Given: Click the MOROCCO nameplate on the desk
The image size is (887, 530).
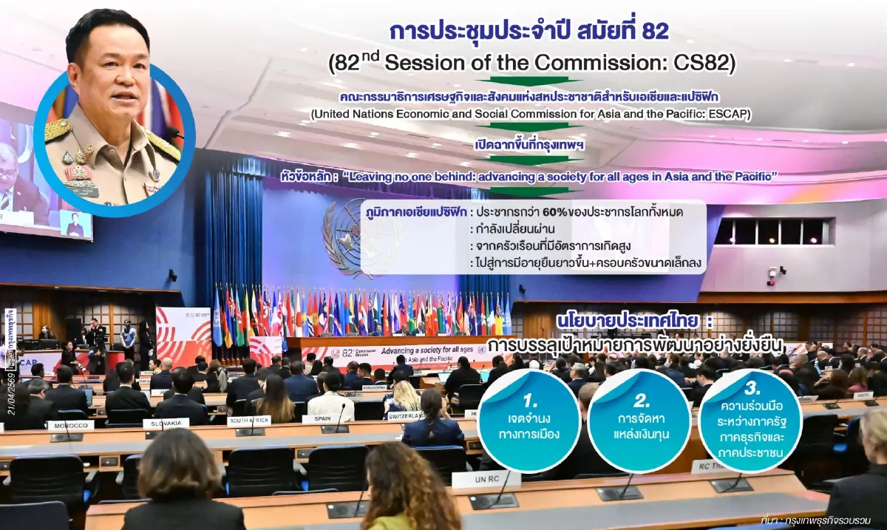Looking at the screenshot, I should (x=70, y=425).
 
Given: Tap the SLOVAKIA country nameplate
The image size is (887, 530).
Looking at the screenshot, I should (x=166, y=424).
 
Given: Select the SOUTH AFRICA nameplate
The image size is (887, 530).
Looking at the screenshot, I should (x=248, y=421).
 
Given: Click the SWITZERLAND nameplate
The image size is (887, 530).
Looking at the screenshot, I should (x=405, y=415).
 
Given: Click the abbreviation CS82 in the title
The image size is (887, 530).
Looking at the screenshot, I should (x=704, y=64).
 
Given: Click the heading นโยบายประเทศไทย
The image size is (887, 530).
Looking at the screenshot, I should (x=625, y=323).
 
